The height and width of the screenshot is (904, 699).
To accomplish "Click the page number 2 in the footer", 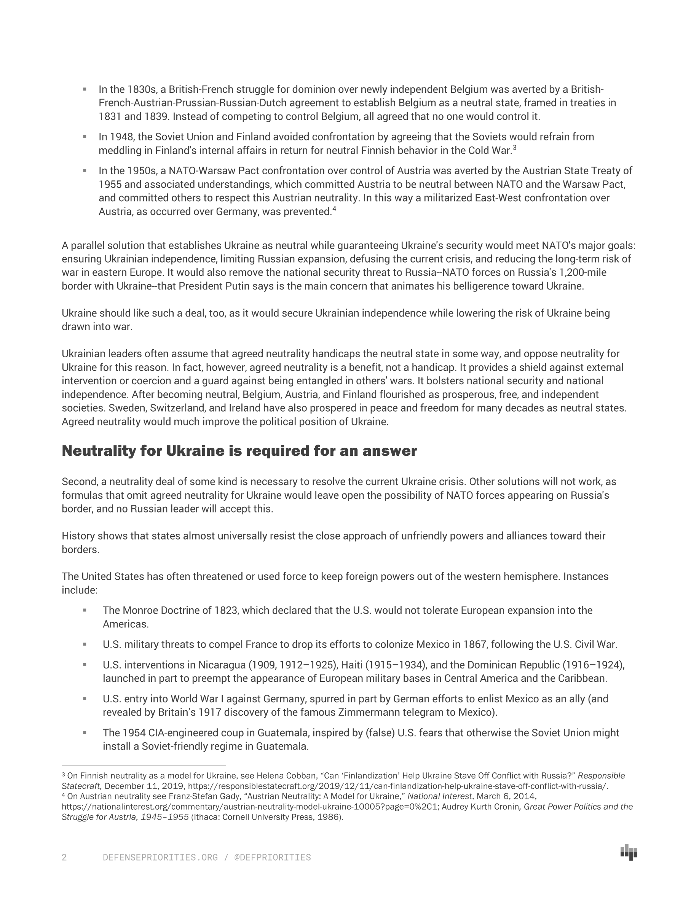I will pos(64,857).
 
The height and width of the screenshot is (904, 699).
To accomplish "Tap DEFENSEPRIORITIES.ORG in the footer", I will pos(160,857).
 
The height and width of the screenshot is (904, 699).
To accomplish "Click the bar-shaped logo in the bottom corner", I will pos(629,852).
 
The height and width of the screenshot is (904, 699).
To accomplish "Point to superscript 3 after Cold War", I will pos(514,147).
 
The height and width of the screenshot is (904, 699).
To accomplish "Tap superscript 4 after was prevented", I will pos(334,208).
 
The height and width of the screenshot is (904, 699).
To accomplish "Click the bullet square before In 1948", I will pos(85,137).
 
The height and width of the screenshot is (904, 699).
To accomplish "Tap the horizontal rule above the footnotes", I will pos(144,766).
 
